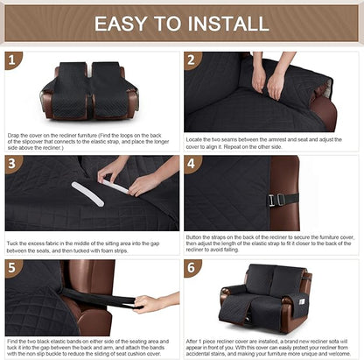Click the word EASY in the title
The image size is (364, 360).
click(x=122, y=24)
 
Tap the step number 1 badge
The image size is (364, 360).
click(x=13, y=60)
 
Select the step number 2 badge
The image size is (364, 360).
click(x=193, y=60)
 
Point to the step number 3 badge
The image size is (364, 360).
click(x=13, y=165)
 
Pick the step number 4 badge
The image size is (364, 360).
click(x=193, y=165)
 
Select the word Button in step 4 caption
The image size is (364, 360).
click(x=196, y=236)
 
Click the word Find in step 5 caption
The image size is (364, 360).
click(x=13, y=338)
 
